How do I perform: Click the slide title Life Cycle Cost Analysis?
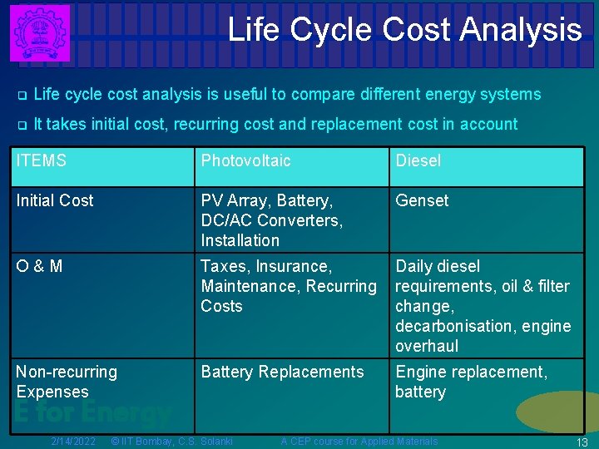(404, 30)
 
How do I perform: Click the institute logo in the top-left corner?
(38, 32)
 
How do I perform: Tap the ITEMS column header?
(42, 160)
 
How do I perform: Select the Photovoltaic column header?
(245, 160)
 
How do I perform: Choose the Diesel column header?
(418, 160)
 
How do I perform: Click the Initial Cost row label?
(55, 200)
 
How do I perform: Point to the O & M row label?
(39, 266)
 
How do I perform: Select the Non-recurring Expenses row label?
(67, 382)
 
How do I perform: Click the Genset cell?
(422, 200)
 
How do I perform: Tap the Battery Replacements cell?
(282, 372)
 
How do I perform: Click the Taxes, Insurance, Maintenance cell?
(288, 286)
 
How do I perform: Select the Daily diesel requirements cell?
(483, 306)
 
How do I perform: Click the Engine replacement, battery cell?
(471, 382)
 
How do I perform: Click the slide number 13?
(582, 442)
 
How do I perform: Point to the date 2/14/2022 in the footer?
(73, 441)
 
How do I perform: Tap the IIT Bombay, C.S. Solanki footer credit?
(171, 441)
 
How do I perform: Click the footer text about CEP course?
(359, 441)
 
